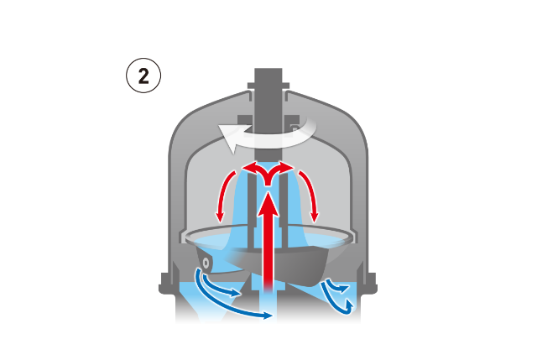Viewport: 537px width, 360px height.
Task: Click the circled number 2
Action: pos(143,76)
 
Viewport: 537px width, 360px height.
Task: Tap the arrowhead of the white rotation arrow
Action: pos(229,138)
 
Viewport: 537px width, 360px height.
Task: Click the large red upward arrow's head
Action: pos(268,204)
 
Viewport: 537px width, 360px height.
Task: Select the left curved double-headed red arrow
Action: pos(224,196)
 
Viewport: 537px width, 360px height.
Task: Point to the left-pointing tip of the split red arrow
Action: pos(243,168)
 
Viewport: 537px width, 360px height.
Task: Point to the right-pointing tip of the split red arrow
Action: pos(294,168)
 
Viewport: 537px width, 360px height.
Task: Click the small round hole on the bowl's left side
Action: pos(206,263)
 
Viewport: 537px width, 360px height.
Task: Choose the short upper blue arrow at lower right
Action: pos(337,286)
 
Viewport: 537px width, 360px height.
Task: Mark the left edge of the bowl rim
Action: pos(185,237)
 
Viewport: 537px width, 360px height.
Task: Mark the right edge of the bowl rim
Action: pos(352,237)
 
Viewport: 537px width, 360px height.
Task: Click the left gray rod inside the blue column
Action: pos(252,212)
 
